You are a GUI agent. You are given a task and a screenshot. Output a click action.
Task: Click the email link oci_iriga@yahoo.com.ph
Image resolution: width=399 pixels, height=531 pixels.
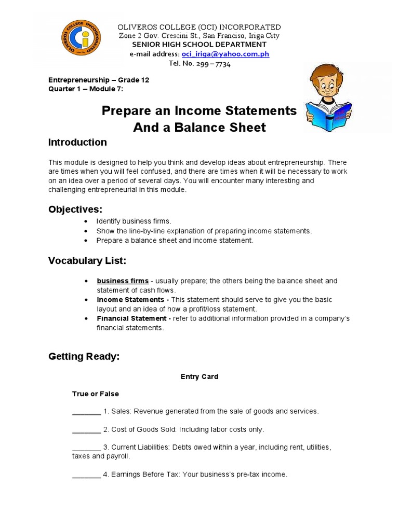tap(225, 54)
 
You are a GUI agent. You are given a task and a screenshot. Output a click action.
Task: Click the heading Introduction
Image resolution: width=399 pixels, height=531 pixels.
tap(77, 143)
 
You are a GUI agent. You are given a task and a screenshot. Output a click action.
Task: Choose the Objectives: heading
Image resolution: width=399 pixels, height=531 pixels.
tap(75, 209)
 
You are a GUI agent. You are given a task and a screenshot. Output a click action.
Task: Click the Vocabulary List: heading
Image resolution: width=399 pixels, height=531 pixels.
tap(87, 260)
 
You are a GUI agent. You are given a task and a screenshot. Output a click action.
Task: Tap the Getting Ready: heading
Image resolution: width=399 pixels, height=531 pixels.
tap(84, 357)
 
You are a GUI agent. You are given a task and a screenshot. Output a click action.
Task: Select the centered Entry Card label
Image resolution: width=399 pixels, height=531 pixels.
tap(199, 377)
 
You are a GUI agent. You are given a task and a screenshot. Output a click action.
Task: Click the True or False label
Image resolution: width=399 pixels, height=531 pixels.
tap(95, 394)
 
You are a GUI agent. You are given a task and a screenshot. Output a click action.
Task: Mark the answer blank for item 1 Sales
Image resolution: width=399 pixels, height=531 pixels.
tap(86, 412)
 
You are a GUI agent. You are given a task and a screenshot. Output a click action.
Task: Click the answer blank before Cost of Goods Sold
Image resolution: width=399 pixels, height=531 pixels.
tap(86, 430)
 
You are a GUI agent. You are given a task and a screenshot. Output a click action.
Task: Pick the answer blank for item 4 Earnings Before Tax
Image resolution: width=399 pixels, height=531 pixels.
tap(86, 474)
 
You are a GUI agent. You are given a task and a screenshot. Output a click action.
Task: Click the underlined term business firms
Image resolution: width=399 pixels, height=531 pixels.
tap(123, 281)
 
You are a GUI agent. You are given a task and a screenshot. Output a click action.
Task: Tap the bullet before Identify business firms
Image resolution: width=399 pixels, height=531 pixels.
tap(86, 222)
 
